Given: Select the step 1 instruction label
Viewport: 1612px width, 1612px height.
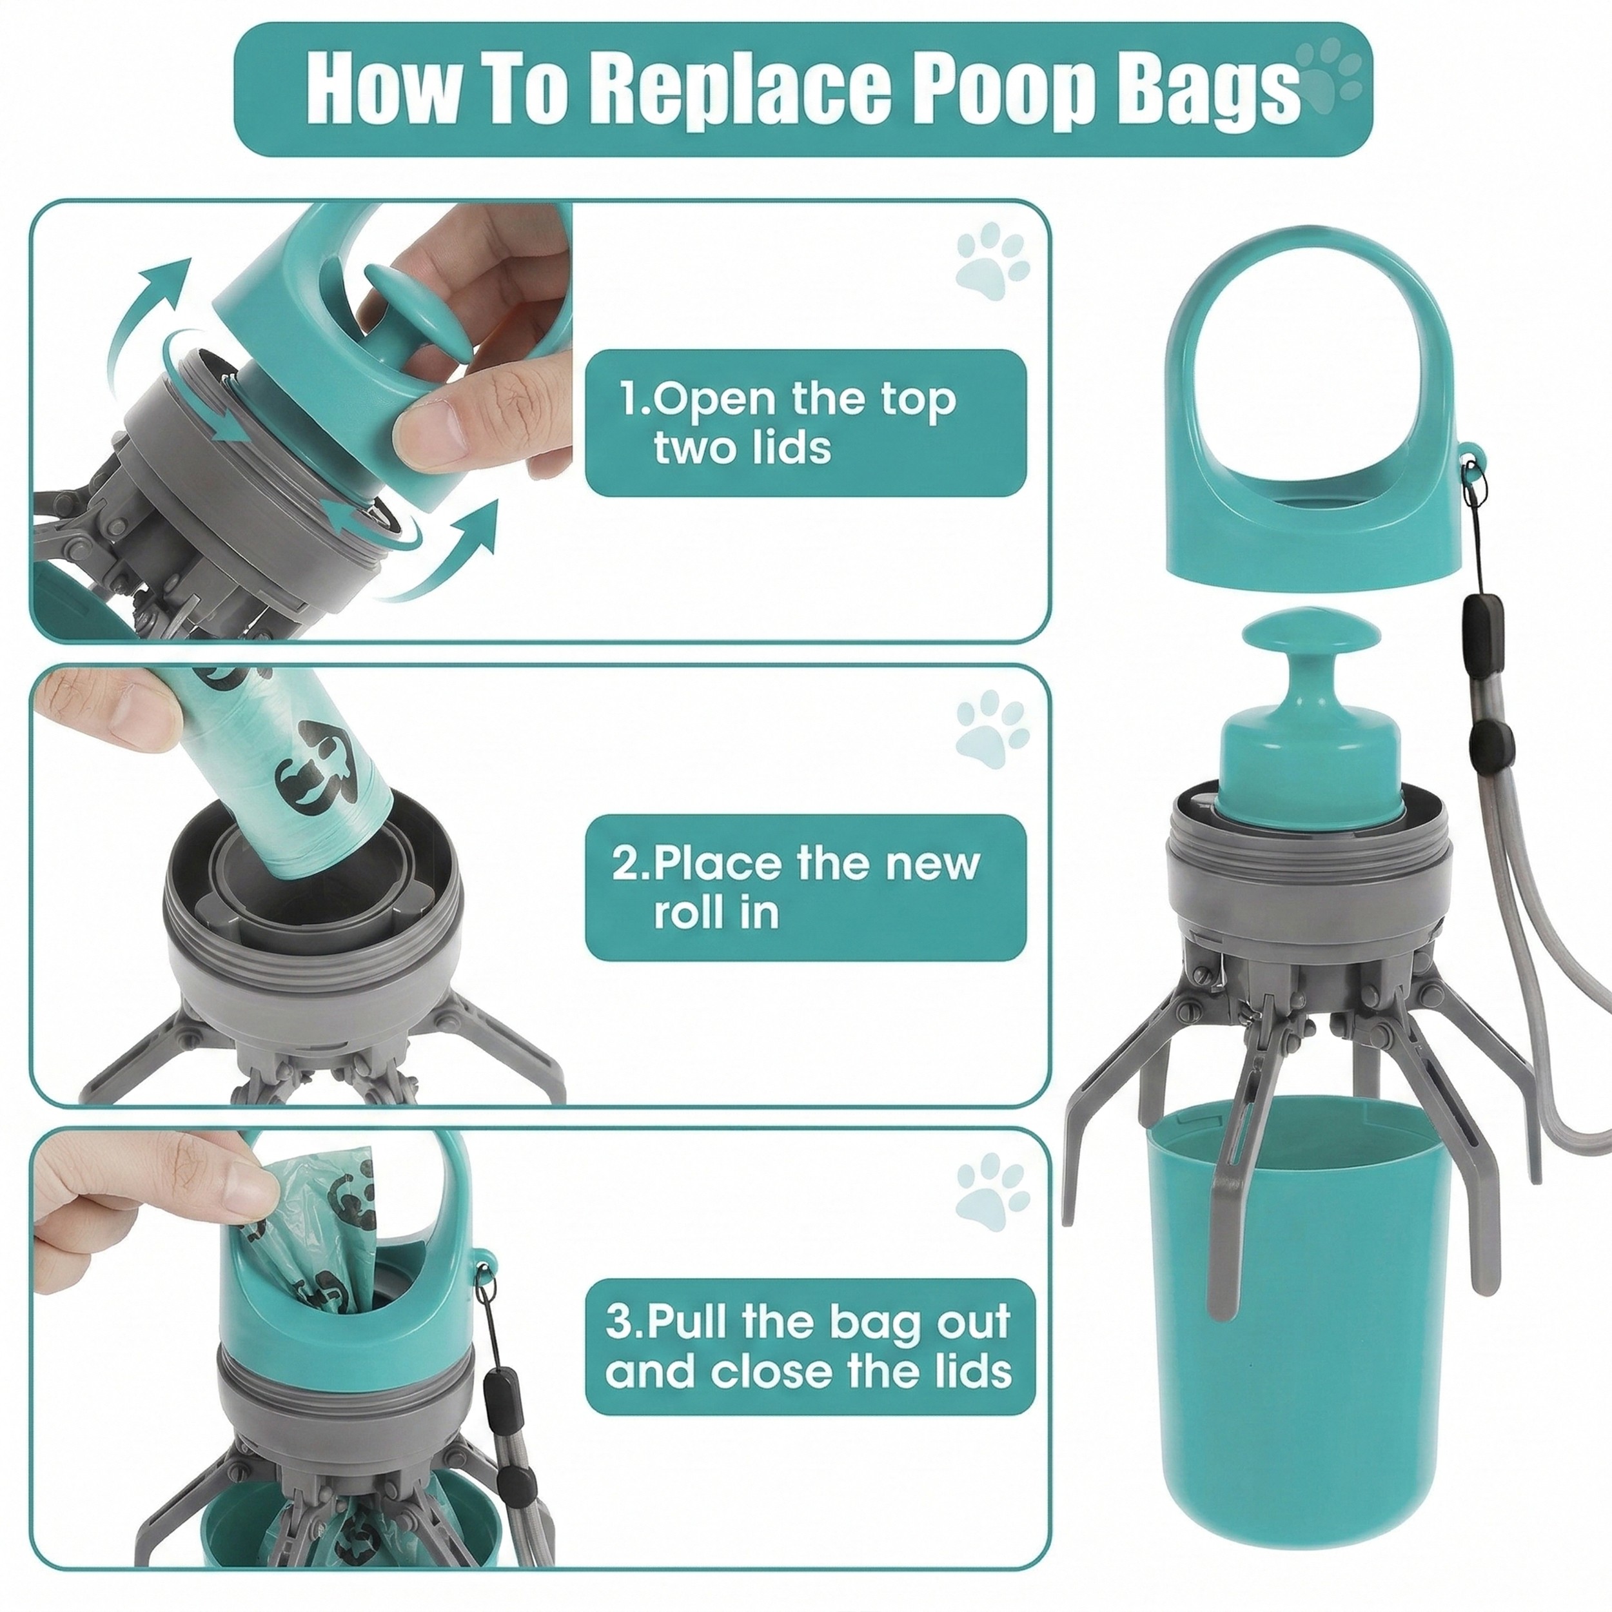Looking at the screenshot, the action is point(805,423).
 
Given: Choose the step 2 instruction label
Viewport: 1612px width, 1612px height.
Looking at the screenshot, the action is point(805,888).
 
